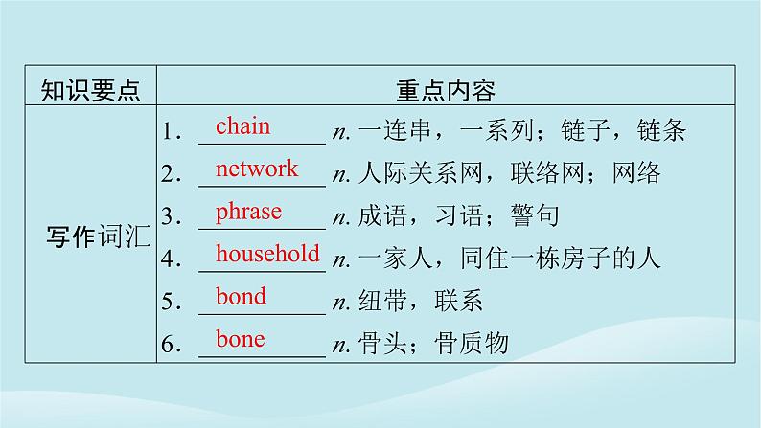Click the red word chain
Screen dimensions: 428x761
pyautogui.click(x=242, y=126)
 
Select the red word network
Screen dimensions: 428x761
pyautogui.click(x=257, y=169)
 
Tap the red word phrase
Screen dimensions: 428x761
pyautogui.click(x=248, y=212)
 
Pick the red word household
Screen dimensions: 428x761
pyautogui.click(x=267, y=254)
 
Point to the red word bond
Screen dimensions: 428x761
pyautogui.click(x=241, y=297)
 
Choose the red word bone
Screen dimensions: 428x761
pyautogui.click(x=240, y=339)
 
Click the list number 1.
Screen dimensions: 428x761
pyautogui.click(x=172, y=133)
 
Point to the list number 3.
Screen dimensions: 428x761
pyautogui.click(x=172, y=218)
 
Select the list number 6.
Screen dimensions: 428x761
pyautogui.click(x=172, y=346)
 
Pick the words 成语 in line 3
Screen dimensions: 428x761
pyautogui.click(x=382, y=216)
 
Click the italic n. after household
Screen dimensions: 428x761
pyautogui.click(x=338, y=259)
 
